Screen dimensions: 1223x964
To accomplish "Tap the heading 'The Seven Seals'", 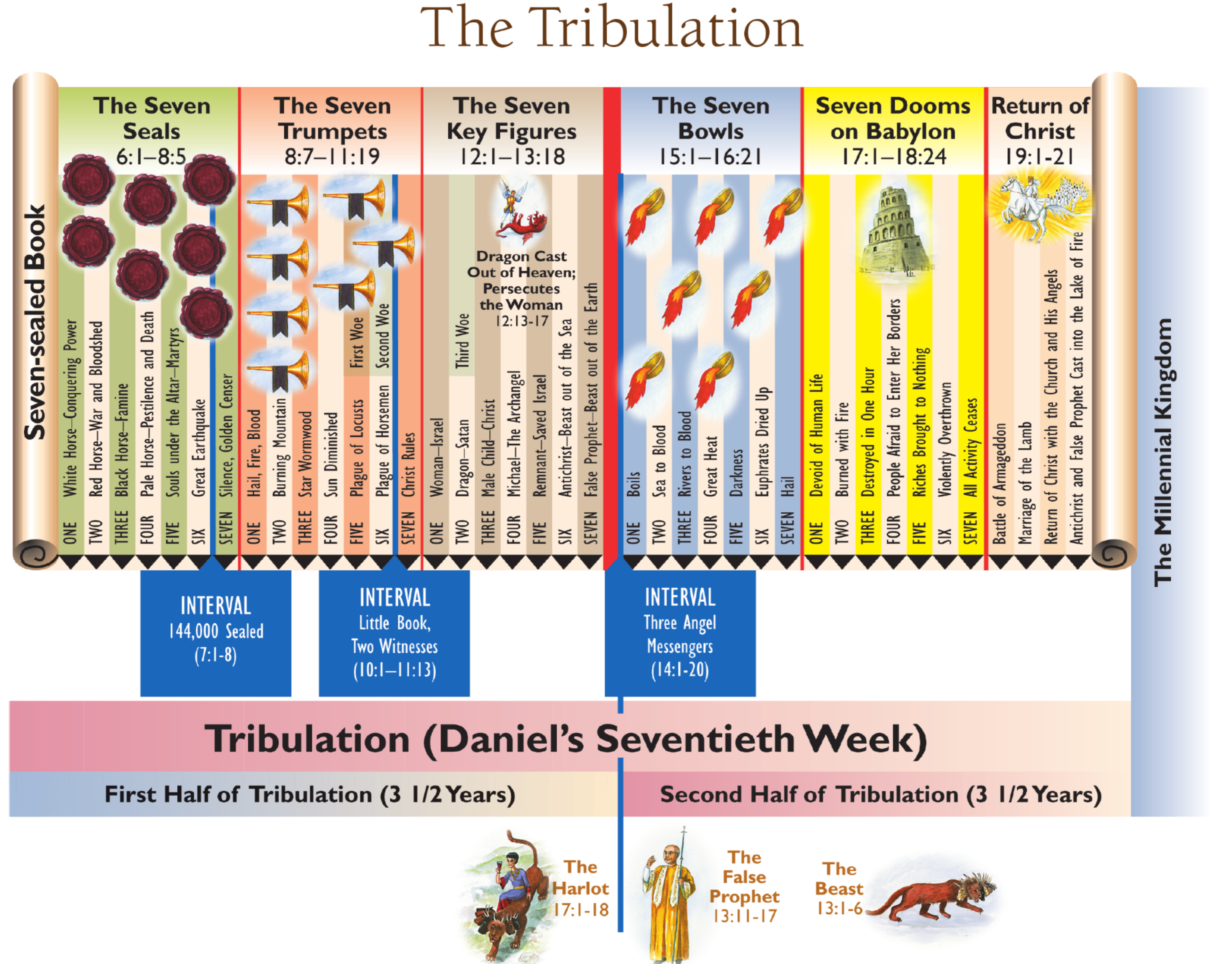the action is [x=152, y=119].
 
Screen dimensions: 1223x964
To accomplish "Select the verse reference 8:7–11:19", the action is [x=332, y=156].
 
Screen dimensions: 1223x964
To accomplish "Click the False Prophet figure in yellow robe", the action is [x=670, y=897].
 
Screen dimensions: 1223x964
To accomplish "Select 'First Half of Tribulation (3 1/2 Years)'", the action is [x=310, y=795].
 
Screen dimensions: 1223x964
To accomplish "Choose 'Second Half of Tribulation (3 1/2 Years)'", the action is [x=881, y=795].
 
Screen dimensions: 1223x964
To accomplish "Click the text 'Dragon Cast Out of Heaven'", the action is [x=521, y=264].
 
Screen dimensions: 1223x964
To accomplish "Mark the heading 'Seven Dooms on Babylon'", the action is [x=893, y=119].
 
